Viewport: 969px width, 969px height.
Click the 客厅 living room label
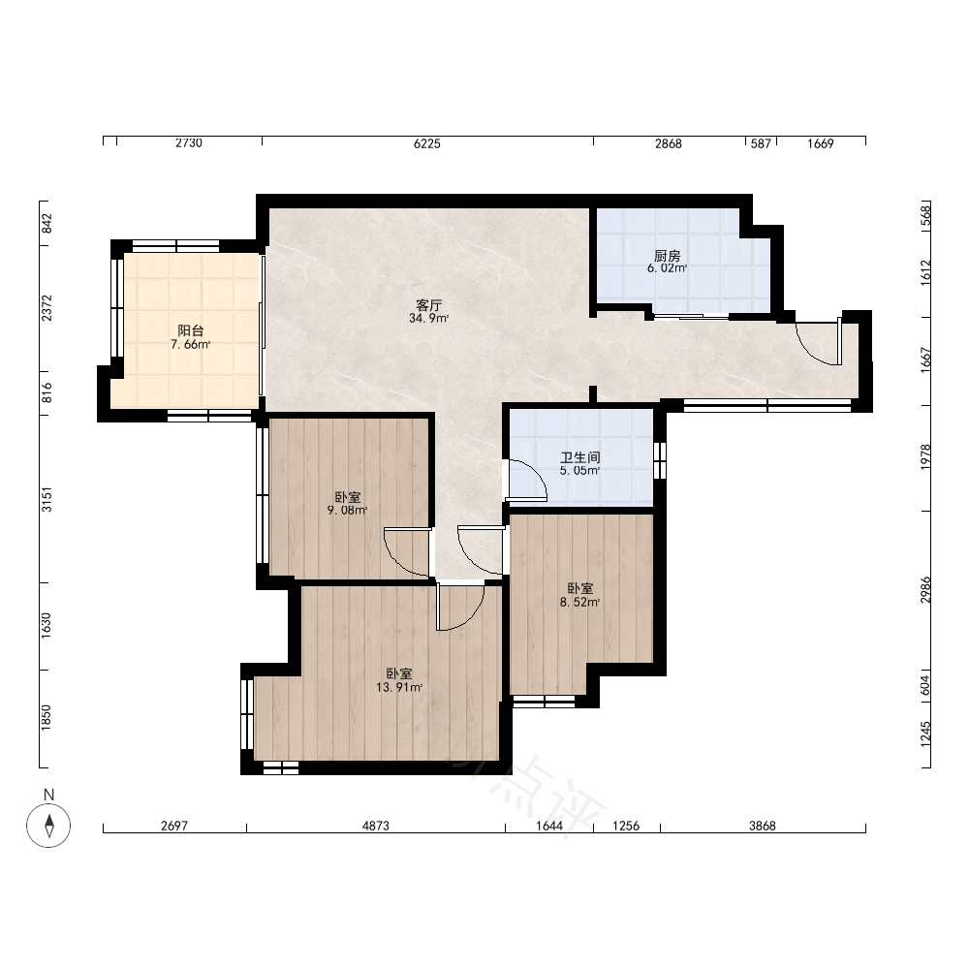429,305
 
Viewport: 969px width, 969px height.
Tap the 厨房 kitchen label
668,255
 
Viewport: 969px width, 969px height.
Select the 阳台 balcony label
190,330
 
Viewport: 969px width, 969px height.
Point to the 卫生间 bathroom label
580,457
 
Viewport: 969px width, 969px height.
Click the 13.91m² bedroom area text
399,687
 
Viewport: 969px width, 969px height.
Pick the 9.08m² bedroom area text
347,511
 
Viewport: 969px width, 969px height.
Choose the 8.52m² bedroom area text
579,602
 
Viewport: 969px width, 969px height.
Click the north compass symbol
48,825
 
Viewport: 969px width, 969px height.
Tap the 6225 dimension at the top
427,143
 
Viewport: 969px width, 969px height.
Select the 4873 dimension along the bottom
376,826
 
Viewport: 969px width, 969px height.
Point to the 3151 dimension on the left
47,499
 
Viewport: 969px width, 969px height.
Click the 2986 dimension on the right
925,589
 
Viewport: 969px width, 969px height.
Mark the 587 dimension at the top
761,143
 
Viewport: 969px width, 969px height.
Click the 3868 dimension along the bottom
762,826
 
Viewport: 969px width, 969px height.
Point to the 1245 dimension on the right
925,735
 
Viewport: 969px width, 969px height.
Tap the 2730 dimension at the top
189,143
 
